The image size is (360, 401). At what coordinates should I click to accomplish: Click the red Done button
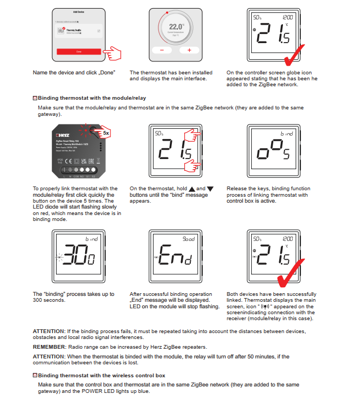tap(78, 52)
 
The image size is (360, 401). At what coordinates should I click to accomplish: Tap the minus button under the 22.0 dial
tap(160, 50)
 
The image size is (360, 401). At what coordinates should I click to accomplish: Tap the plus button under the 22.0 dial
tap(189, 50)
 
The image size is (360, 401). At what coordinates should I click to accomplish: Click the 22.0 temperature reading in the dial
tap(176, 26)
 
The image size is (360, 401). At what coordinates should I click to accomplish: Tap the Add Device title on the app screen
tap(78, 11)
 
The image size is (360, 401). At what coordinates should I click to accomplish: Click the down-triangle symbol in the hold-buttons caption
tap(210, 189)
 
